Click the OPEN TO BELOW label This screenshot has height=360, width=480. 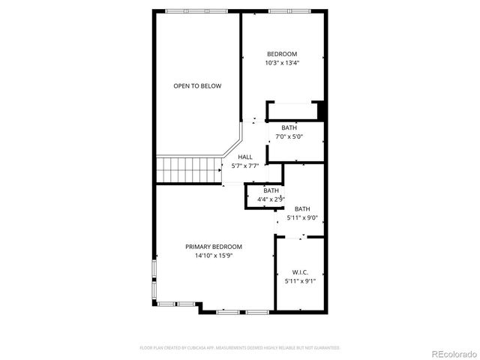point(197,86)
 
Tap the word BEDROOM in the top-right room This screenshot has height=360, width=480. point(282,54)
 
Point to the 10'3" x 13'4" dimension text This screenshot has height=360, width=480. point(282,63)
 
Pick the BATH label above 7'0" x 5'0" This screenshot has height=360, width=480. point(289,127)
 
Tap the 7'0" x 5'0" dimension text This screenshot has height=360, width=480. point(289,136)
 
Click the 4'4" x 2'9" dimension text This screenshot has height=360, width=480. point(271,199)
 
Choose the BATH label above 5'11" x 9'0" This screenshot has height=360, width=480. point(302,209)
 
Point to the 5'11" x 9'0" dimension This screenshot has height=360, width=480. point(302,218)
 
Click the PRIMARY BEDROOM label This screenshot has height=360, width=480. point(214,247)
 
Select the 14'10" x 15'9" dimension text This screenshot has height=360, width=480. point(214,256)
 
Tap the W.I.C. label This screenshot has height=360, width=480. point(300,272)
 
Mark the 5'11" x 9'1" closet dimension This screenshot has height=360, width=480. point(300,281)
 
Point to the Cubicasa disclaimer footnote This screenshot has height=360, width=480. point(240,348)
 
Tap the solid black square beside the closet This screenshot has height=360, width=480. point(322,110)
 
